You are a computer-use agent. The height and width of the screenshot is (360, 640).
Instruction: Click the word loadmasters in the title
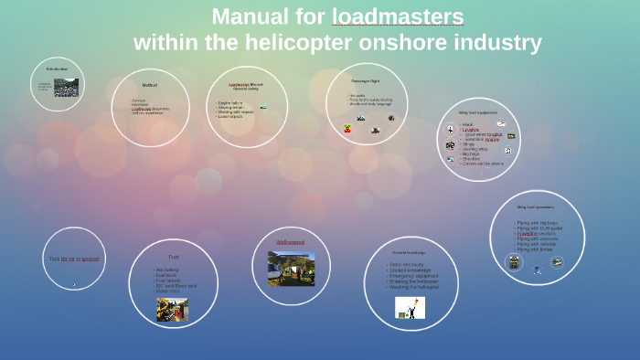tap(398, 16)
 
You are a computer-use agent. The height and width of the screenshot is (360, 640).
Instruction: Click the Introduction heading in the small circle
tap(57, 69)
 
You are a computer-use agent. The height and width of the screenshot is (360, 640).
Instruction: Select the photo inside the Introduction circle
tap(66, 88)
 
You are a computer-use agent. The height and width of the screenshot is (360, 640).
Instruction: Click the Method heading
tap(149, 85)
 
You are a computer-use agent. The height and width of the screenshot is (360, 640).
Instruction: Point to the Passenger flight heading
tap(366, 80)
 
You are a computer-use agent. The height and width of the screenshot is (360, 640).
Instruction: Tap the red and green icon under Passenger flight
tap(347, 129)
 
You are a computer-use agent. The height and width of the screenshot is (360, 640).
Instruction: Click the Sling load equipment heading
tap(477, 113)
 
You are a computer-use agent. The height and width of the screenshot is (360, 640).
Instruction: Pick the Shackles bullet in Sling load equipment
tap(471, 158)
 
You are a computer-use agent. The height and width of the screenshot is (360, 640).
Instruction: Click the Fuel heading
tap(173, 256)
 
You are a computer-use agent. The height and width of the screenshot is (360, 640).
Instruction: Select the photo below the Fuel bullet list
tap(172, 309)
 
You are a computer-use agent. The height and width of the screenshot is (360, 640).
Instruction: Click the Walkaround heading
tap(290, 242)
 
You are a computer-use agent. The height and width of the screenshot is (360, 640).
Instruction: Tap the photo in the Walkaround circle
tap(291, 269)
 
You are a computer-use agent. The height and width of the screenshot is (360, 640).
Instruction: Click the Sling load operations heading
tap(535, 207)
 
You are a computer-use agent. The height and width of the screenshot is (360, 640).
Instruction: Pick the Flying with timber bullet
tap(536, 249)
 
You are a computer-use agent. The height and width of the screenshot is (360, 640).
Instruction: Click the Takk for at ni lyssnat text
tap(74, 259)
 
